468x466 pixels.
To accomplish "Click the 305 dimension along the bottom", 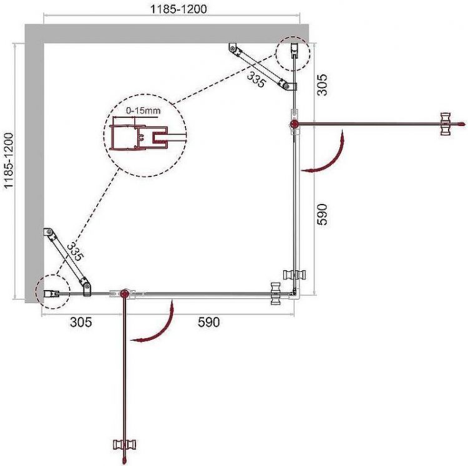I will coord(81,323).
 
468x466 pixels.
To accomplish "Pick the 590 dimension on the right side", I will coord(323,214).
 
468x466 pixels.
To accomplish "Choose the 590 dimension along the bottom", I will coord(209,323).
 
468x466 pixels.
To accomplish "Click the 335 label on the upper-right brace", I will coord(255,79).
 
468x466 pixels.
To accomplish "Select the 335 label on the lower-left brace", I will coord(76,250).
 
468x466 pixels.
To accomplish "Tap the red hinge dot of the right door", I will coord(294,125).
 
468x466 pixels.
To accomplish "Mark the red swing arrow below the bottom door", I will coord(156,324).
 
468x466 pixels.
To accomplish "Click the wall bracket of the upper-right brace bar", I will coord(233,48).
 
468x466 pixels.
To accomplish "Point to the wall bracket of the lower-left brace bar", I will coord(48,233).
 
